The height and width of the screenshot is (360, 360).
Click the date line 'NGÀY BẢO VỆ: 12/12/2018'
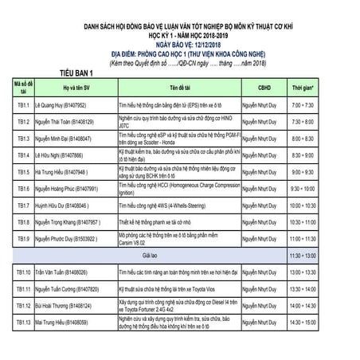(179, 45)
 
